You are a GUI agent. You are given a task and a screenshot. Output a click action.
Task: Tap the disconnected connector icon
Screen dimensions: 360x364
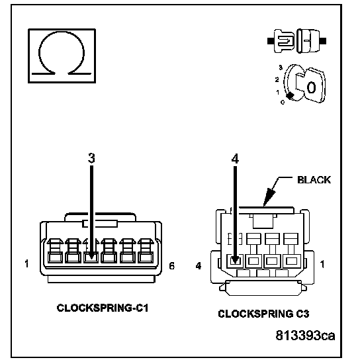(297, 41)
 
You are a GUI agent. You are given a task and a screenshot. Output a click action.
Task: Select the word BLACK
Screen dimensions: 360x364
(314, 180)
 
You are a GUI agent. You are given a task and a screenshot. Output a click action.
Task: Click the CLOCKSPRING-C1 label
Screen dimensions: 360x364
(103, 308)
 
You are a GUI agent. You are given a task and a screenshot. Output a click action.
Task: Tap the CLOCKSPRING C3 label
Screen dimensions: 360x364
(263, 314)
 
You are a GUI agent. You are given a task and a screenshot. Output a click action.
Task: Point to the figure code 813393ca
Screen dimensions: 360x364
(305, 336)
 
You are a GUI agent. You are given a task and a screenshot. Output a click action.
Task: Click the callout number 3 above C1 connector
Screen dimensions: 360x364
(91, 158)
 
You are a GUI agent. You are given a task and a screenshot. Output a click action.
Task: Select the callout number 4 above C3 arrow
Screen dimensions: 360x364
(235, 159)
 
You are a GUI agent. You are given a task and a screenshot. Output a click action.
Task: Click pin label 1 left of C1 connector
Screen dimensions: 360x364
(26, 263)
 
